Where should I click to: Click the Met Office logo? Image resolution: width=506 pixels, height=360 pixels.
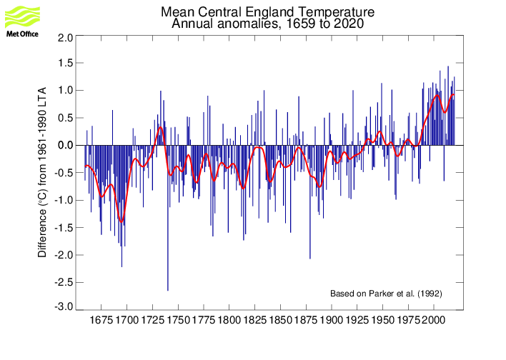point(23,20)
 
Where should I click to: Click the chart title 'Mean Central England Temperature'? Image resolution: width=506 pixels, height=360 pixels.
point(267,13)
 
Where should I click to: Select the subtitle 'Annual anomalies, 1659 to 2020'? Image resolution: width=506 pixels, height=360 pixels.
point(267,24)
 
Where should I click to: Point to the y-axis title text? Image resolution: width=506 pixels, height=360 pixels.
point(42,172)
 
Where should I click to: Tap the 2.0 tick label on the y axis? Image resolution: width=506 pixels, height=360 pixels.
point(65,36)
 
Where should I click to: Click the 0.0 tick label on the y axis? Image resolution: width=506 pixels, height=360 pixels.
point(65,146)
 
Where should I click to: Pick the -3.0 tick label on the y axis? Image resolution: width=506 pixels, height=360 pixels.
point(64,307)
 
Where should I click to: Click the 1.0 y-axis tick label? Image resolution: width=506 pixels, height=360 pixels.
point(65,91)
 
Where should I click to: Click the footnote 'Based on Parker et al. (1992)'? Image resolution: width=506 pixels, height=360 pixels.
point(385,294)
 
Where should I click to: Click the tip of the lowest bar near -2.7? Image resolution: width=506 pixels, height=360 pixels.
point(168,290)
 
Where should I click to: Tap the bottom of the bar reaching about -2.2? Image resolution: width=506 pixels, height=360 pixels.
point(121,266)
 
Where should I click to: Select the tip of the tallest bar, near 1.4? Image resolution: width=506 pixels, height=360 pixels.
point(448,67)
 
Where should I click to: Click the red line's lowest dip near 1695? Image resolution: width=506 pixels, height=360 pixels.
point(121,222)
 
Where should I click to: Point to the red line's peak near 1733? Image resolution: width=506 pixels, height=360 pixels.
point(161,127)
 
